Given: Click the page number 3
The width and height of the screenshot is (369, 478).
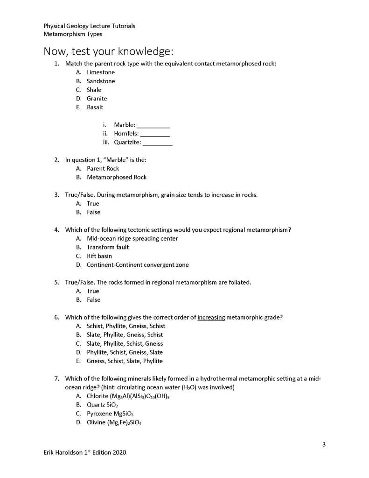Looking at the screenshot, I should (324, 444).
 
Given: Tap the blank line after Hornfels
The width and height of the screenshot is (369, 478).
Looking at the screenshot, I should (155, 134).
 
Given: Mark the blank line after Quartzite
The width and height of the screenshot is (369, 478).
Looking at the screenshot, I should (158, 143).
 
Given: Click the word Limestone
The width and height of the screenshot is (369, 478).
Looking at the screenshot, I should (100, 72).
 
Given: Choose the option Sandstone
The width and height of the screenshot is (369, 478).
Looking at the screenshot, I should (101, 81).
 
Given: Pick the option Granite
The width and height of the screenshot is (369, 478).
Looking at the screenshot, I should (97, 99).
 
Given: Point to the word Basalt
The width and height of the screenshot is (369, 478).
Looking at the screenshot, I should (95, 107).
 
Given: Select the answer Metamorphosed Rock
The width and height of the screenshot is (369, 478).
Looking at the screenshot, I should (117, 178).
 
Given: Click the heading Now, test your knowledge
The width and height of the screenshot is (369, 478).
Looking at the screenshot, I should (109, 50).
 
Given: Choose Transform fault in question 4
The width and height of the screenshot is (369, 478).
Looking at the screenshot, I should (108, 247).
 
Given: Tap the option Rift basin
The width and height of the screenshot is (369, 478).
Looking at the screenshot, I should (99, 256).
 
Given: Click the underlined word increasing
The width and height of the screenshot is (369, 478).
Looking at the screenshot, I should (211, 318).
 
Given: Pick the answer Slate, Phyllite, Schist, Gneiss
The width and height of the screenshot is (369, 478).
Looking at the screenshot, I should (125, 344).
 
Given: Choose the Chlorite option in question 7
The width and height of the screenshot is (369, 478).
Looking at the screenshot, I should (127, 396).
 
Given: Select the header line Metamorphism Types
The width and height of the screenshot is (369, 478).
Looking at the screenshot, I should (73, 34).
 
